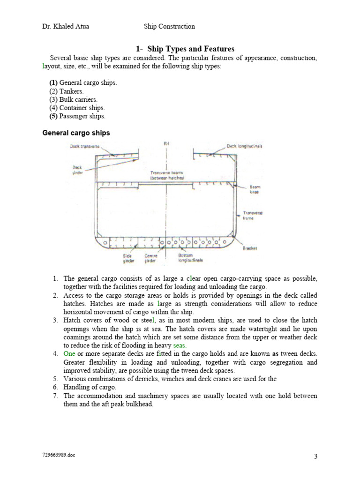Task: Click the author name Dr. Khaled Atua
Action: pyautogui.click(x=66, y=27)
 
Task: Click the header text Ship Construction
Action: pyautogui.click(x=169, y=27)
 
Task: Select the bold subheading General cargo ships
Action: pyautogui.click(x=76, y=133)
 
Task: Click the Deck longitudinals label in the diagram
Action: pyautogui.click(x=244, y=146)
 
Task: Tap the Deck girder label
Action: pyautogui.click(x=77, y=169)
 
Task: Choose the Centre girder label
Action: pyautogui.click(x=151, y=258)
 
